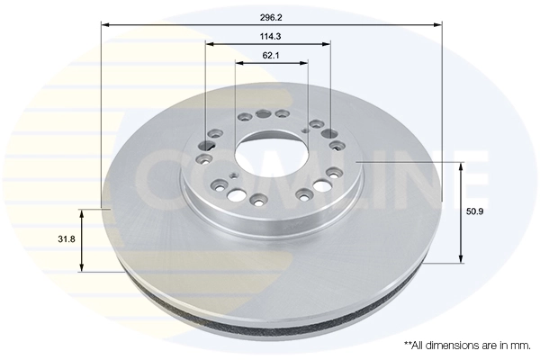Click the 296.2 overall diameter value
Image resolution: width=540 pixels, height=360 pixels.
coord(271,15)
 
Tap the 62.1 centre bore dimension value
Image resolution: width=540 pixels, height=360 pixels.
coord(271,55)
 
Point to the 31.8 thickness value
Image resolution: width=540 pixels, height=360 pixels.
coord(66,240)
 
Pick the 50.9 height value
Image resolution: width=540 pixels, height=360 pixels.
coord(479,212)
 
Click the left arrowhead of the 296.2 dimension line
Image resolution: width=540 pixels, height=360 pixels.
coord(105,24)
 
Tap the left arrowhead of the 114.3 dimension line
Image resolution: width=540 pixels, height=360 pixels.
coord(209,44)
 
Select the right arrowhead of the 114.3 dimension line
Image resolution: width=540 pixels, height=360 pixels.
coord(328,44)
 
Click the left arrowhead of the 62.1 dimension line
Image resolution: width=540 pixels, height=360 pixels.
coord(240,63)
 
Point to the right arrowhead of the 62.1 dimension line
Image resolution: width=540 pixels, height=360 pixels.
coord(305,63)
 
